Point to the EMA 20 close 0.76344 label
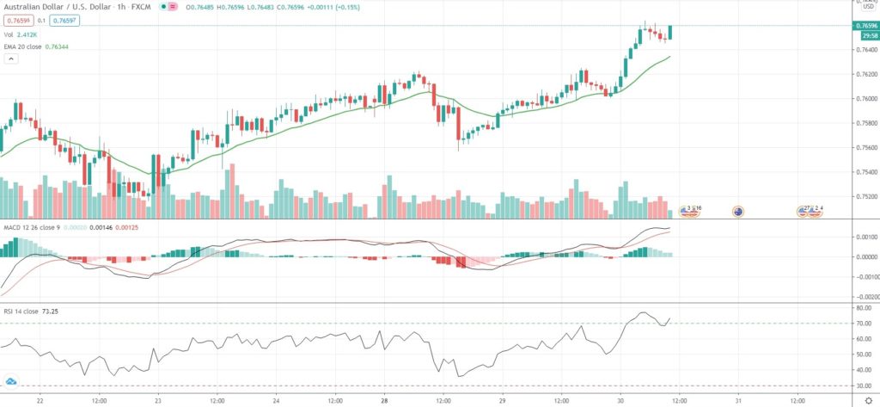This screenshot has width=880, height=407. pyautogui.click(x=35, y=46)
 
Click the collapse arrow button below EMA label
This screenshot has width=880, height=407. pyautogui.click(x=11, y=59)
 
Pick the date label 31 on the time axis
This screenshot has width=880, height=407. pyautogui.click(x=738, y=400)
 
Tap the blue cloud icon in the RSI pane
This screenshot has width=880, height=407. pyautogui.click(x=11, y=380)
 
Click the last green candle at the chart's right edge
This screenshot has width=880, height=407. pyautogui.click(x=670, y=32)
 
